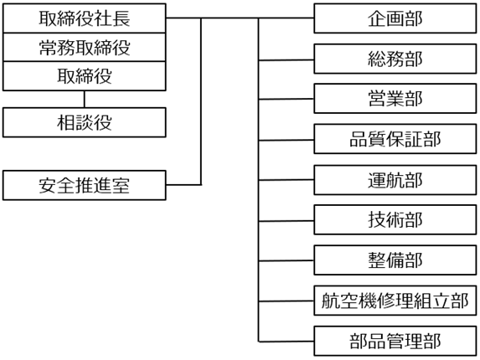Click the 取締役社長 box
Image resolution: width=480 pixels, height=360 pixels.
tap(84, 18)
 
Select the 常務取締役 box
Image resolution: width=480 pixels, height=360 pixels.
tap(84, 47)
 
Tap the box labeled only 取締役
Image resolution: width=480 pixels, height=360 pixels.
tap(84, 76)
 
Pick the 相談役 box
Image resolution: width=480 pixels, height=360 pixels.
tap(84, 122)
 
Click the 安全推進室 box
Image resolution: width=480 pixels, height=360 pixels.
tap(84, 185)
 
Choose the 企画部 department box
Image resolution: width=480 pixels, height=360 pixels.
tap(395, 18)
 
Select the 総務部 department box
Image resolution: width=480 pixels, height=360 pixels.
tap(395, 59)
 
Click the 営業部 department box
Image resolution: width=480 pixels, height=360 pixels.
tap(395, 99)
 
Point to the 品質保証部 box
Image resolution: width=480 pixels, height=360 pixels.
tap(395, 139)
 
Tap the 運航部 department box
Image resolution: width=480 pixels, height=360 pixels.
tap(395, 180)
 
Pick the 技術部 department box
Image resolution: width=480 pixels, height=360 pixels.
tap(395, 220)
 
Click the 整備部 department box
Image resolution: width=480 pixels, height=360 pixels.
tap(395, 260)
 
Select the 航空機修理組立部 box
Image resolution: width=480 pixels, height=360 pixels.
tap(395, 301)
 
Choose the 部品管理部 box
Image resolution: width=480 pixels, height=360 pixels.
tap(395, 341)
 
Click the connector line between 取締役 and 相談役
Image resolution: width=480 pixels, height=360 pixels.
tap(84, 99)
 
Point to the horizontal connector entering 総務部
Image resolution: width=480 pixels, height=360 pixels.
tap(286, 60)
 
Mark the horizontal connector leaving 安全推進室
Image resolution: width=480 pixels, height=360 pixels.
tap(183, 185)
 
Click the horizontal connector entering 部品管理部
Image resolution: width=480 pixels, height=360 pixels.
tap(286, 342)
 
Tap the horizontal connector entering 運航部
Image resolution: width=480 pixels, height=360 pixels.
tap(286, 180)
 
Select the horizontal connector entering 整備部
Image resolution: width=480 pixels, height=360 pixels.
tap(286, 260)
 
